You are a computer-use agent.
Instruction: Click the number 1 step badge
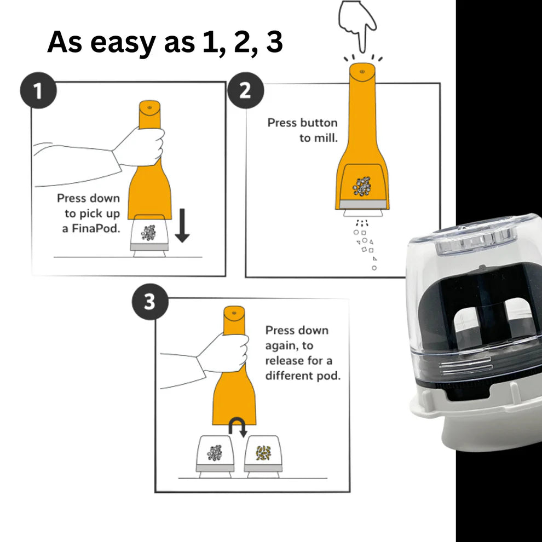(x=38, y=90)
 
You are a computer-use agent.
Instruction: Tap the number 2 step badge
(x=245, y=90)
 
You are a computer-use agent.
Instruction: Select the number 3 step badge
(x=150, y=302)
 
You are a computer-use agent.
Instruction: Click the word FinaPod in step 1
(x=96, y=229)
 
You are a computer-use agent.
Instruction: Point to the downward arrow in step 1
(x=182, y=225)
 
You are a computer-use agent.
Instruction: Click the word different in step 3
(x=289, y=376)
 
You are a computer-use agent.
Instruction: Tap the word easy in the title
(x=123, y=43)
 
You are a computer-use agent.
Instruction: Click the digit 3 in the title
(x=274, y=42)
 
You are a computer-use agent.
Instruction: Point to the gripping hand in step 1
(x=139, y=147)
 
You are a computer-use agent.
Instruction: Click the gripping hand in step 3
(x=223, y=353)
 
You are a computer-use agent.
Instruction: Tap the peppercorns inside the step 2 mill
(x=361, y=186)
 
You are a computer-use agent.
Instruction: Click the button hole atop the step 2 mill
(x=362, y=72)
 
